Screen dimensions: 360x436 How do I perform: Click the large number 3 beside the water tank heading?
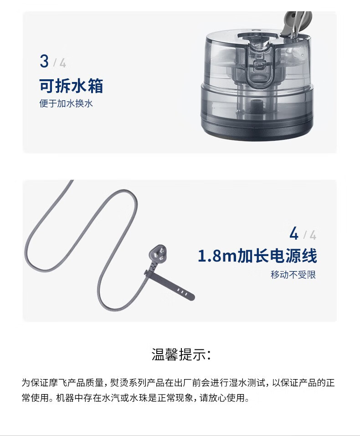[44, 61]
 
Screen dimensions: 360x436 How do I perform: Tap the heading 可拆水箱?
[71, 86]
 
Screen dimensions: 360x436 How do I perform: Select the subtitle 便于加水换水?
[66, 104]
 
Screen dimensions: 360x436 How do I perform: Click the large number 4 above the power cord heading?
[294, 233]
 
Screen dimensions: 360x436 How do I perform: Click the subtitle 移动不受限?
[293, 275]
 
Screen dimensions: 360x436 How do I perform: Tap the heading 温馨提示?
[181, 354]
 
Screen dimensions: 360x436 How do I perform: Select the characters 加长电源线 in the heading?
[277, 256]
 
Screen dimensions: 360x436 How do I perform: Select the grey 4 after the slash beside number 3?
[63, 63]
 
